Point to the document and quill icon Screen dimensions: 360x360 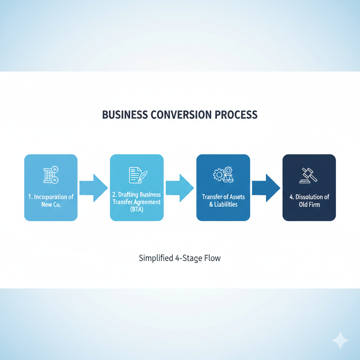point(137,175)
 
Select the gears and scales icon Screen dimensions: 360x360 point(223,175)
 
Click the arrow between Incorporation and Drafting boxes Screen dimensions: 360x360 point(94,188)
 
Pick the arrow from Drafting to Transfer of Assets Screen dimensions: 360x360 point(180,188)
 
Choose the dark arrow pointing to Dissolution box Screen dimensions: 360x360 point(266,188)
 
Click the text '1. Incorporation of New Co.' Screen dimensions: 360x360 point(51,201)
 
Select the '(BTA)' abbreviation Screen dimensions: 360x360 point(137,210)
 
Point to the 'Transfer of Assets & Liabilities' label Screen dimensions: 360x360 point(223,201)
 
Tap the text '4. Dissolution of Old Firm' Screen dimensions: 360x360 point(309,201)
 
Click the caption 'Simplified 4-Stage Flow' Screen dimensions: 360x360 point(180,258)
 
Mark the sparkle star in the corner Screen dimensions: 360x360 point(340,340)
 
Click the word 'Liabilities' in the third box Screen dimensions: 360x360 point(226,205)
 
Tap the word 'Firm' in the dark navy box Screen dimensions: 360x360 point(315,205)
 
